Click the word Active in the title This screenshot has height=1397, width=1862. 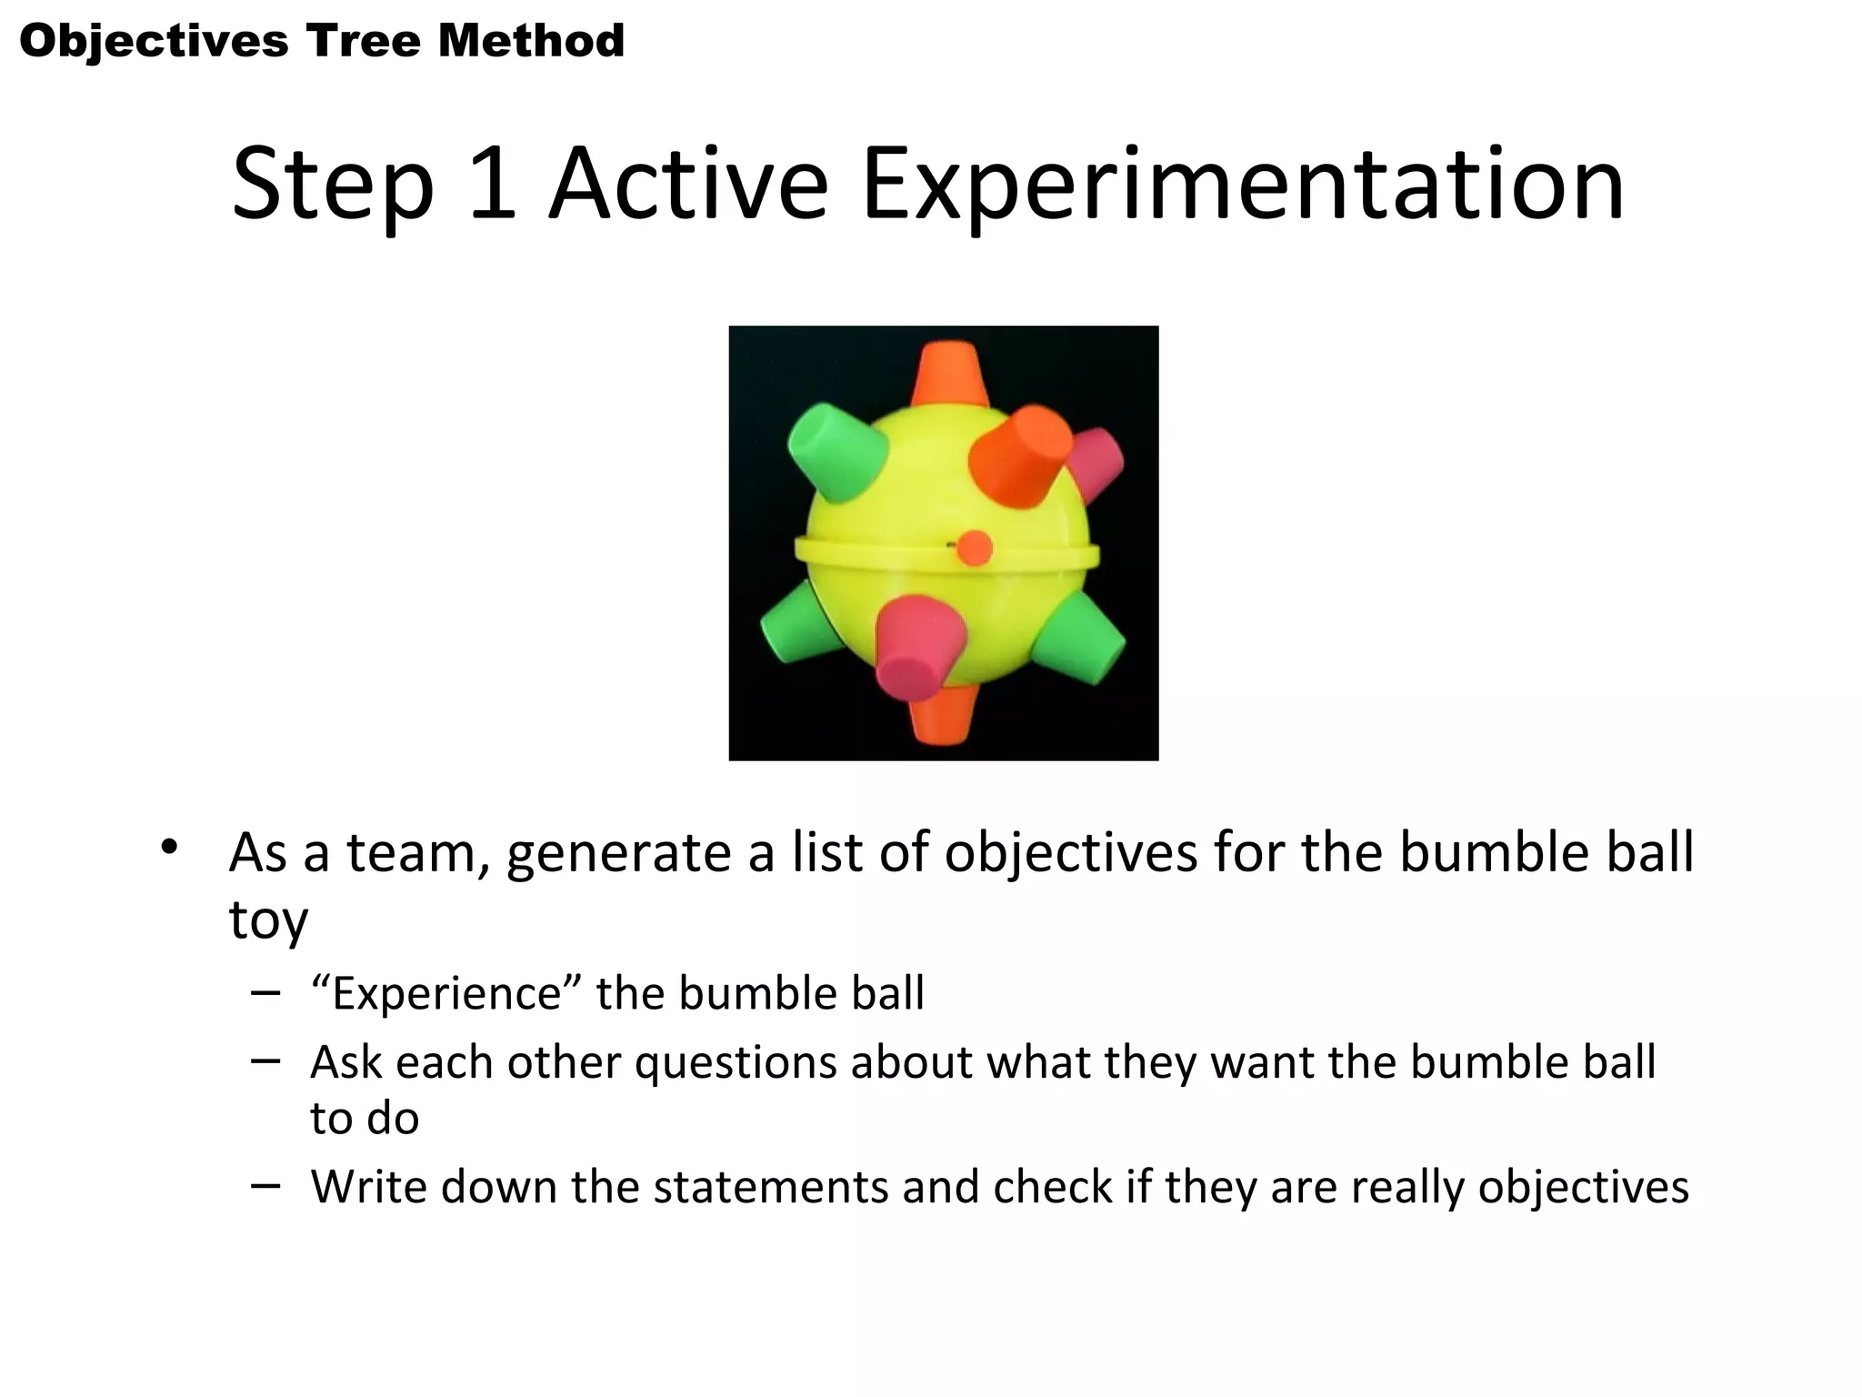[687, 186]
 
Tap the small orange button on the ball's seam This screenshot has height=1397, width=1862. [975, 548]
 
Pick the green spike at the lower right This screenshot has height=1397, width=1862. [1082, 641]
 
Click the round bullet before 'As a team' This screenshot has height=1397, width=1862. [169, 847]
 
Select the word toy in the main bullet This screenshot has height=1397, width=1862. [268, 920]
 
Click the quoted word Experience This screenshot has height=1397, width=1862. [446, 993]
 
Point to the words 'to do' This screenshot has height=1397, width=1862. [365, 1118]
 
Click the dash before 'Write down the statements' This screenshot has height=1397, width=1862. [265, 1185]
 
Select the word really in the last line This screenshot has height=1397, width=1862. [1408, 1187]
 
